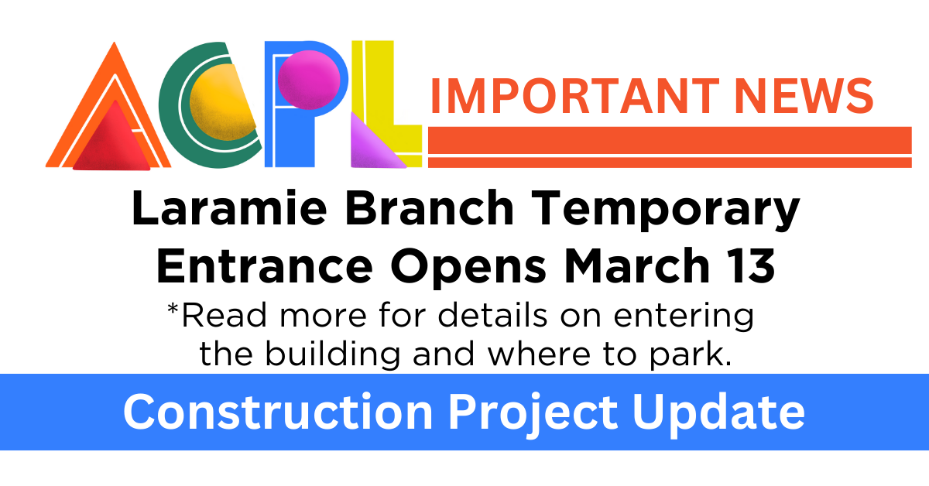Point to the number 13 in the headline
[x=747, y=267]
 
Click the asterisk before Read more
[x=173, y=312]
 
